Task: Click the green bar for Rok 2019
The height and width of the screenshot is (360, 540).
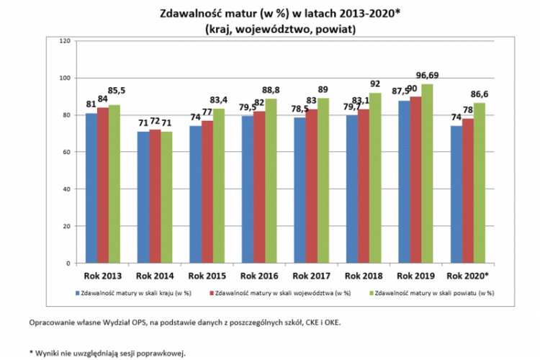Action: [427, 174]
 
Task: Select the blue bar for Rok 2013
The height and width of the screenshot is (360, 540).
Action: [91, 188]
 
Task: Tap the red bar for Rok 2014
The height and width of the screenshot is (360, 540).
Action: [155, 197]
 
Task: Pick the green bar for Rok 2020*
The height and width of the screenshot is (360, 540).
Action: [480, 183]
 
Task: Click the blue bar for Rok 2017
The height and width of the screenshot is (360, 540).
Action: [300, 191]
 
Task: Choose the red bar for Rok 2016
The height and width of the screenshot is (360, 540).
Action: [259, 187]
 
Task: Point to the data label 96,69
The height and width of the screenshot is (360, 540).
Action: [427, 75]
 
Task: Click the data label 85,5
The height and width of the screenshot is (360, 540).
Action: [117, 91]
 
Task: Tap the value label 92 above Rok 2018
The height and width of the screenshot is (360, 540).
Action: [375, 84]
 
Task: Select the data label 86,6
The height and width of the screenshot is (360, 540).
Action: [480, 94]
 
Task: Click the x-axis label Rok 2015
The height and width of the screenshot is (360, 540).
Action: [207, 276]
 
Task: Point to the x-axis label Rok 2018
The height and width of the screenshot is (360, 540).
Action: [364, 276]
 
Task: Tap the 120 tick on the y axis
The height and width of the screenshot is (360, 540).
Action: [65, 41]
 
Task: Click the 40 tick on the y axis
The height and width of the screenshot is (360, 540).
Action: [66, 189]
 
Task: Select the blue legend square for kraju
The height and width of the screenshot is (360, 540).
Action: [78, 293]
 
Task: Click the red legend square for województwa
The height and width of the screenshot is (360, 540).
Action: [212, 293]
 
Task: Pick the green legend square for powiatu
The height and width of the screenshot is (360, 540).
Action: [372, 293]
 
